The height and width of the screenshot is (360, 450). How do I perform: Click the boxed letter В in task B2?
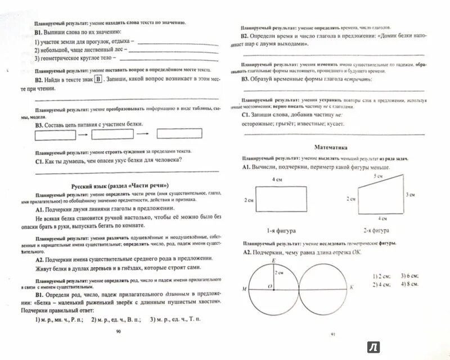98,80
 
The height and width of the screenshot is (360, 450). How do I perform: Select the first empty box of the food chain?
55,135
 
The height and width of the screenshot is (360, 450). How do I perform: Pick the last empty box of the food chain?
178,133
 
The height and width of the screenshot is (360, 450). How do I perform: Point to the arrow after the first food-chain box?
82,135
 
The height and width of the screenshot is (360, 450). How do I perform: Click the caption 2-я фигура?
375,230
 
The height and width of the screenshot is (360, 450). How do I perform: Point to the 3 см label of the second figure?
411,194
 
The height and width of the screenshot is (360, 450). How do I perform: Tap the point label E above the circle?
273,260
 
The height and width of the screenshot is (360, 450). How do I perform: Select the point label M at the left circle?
245,288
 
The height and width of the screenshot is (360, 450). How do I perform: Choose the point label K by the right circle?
352,287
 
